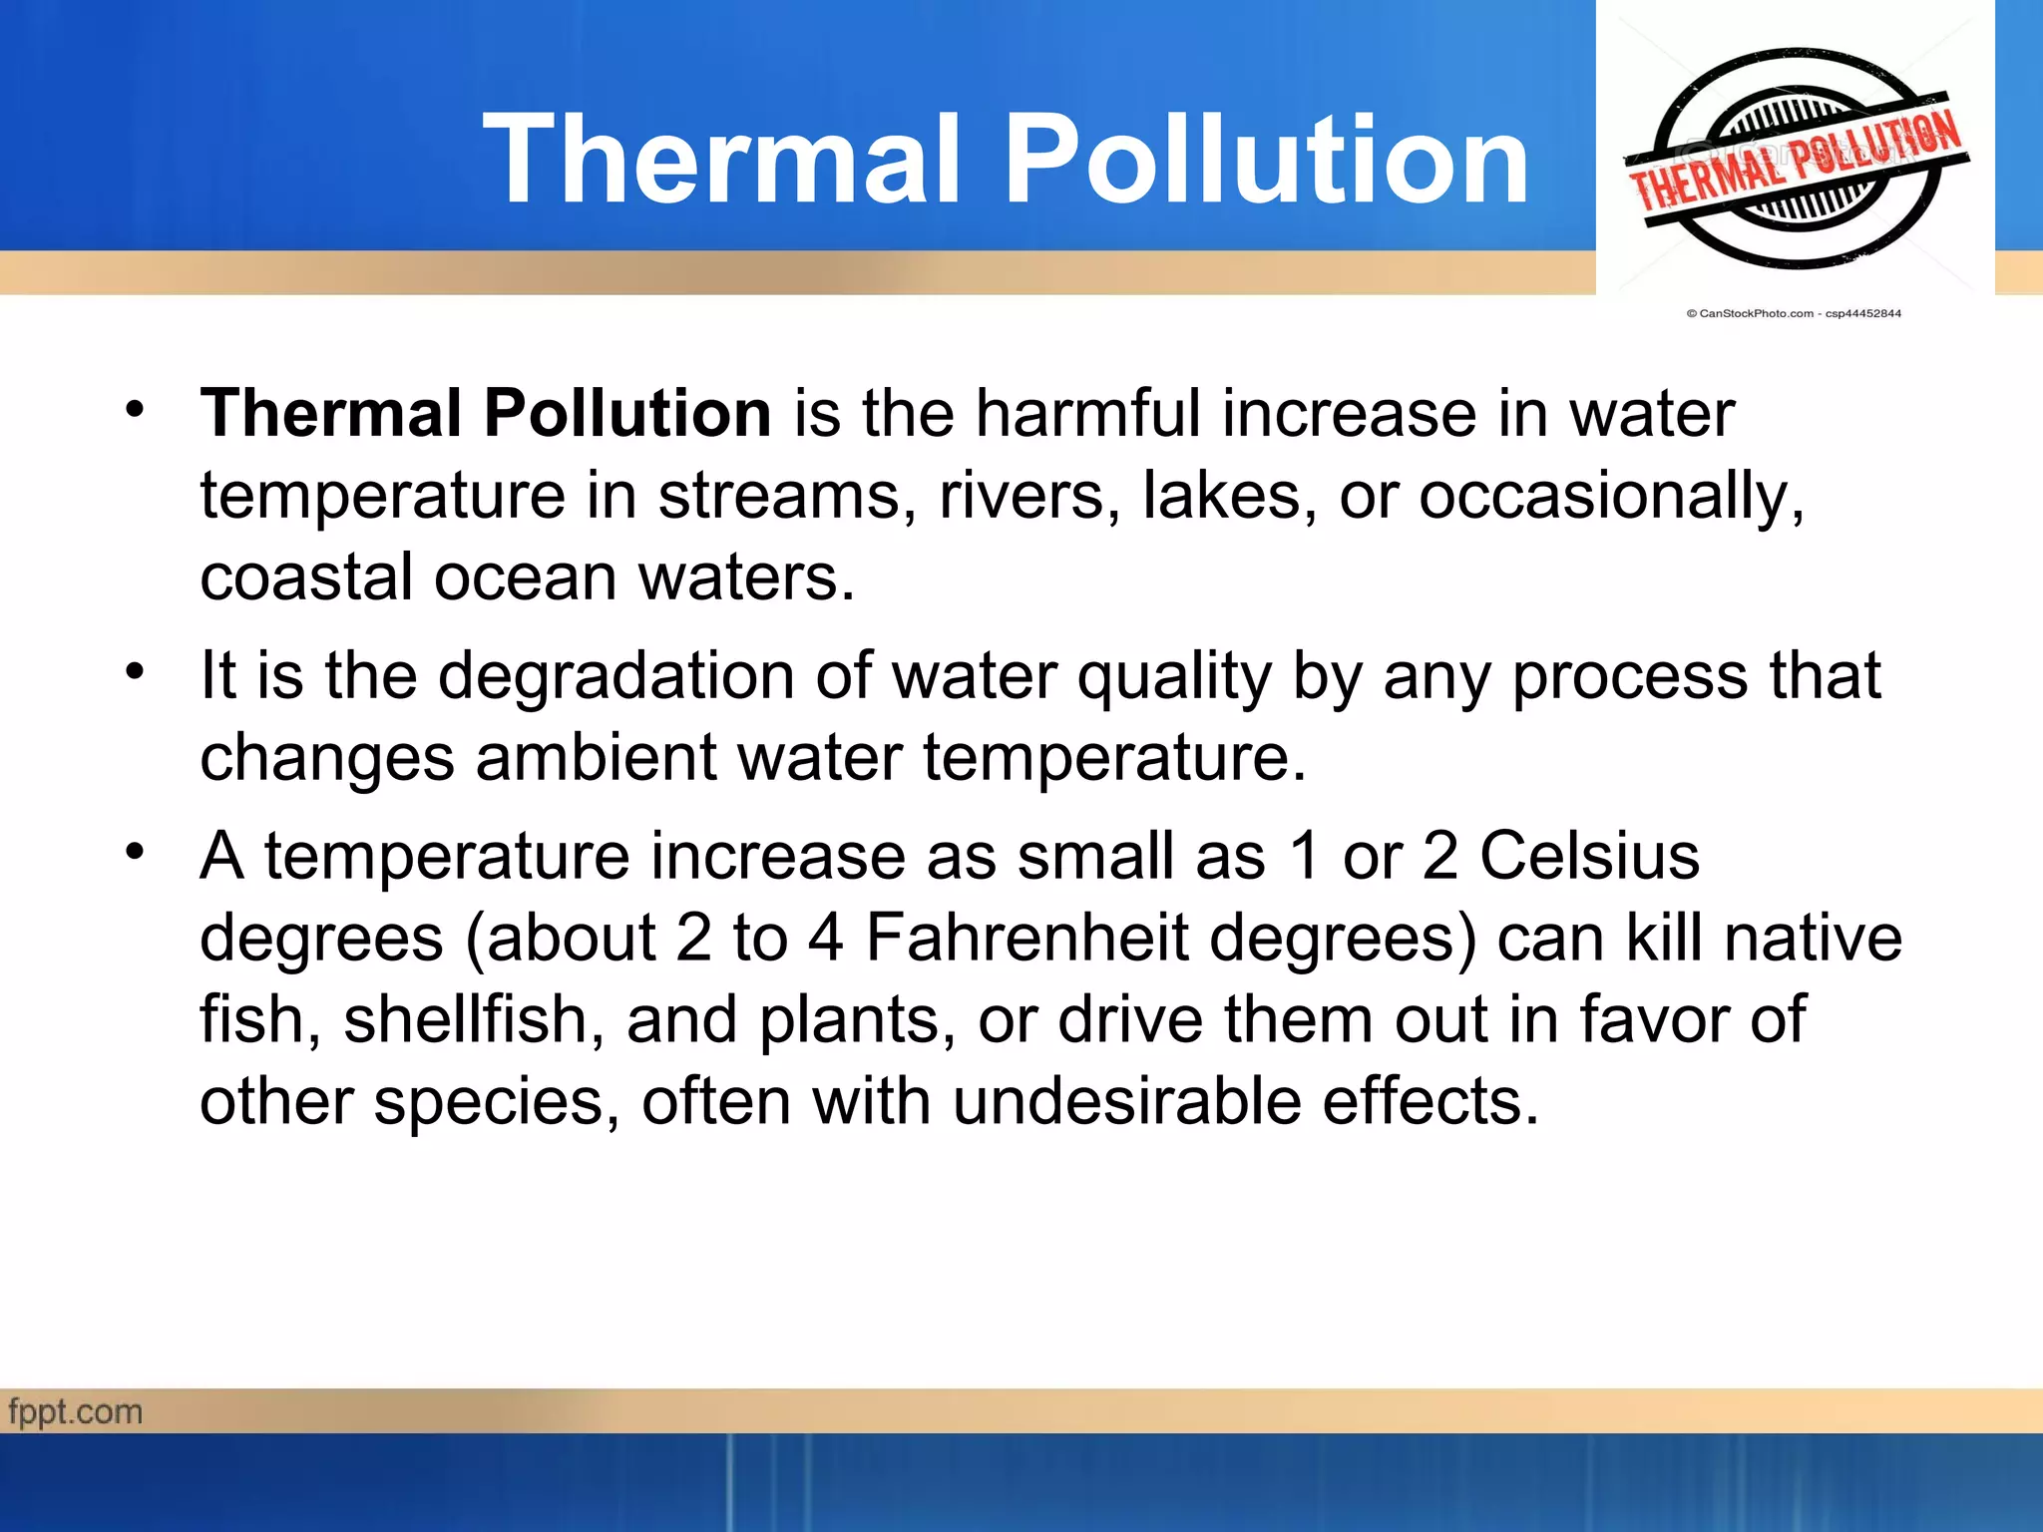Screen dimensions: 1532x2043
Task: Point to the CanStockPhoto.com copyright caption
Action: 1794,313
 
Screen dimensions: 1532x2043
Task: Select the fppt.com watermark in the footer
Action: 76,1412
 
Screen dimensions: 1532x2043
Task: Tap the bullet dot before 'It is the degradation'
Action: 136,670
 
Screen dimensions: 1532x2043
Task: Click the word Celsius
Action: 1589,856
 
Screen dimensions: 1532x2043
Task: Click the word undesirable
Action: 1127,1101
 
